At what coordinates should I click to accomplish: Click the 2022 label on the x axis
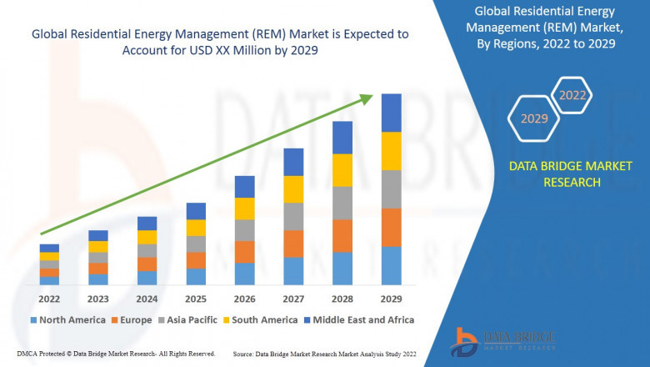[49, 299]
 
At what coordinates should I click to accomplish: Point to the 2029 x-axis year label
[391, 299]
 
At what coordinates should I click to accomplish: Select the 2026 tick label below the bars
[244, 299]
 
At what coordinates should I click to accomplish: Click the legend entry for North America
[67, 319]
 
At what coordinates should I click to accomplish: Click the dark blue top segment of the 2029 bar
[391, 113]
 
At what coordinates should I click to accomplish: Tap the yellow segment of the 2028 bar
[342, 170]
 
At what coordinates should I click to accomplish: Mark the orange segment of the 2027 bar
[293, 244]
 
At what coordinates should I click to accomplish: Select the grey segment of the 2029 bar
[391, 189]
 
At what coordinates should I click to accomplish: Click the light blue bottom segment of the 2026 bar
[244, 274]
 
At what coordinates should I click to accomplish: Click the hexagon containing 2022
[572, 95]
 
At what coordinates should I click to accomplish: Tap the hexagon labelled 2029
[534, 118]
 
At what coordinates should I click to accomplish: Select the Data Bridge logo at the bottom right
[501, 339]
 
